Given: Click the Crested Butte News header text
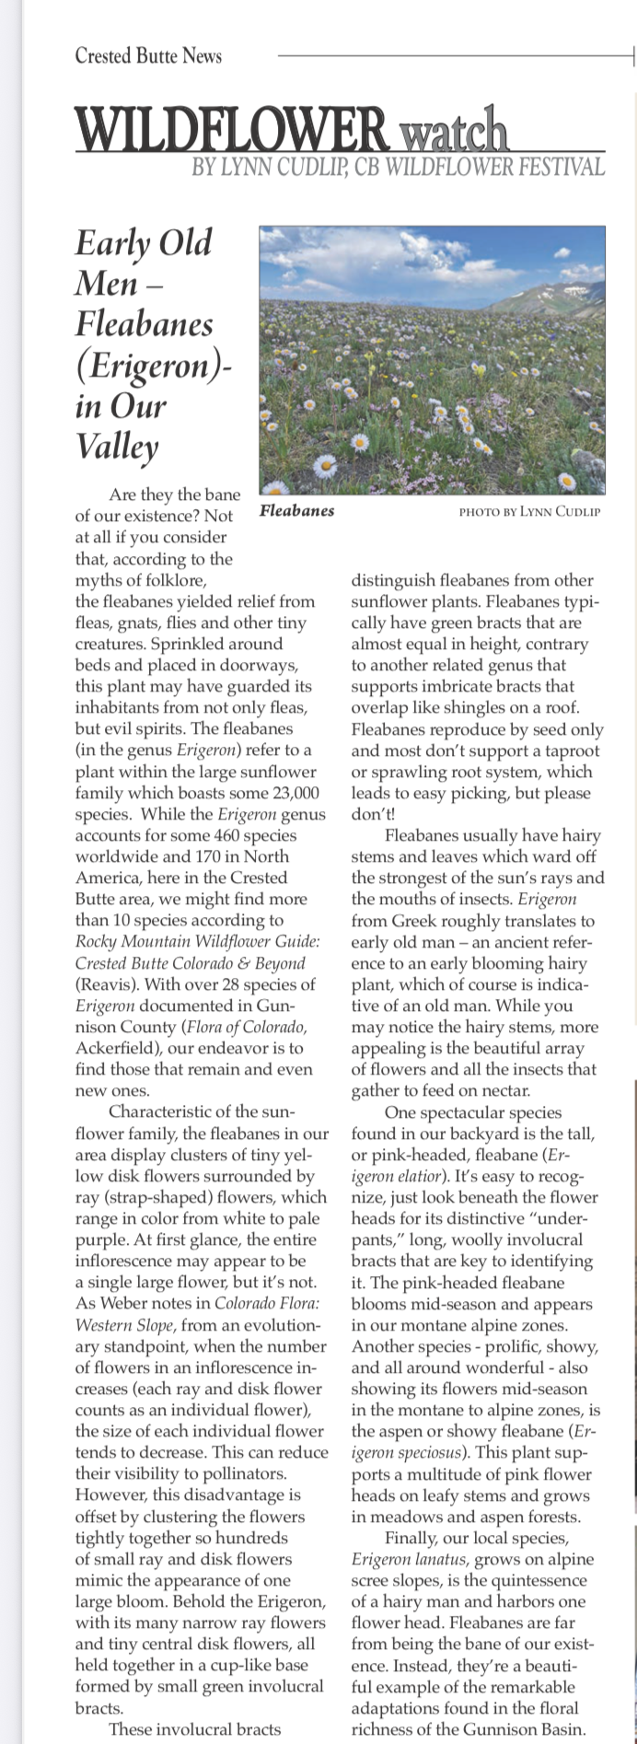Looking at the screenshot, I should pos(148,56).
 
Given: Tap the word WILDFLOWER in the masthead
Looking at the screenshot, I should pos(233,129).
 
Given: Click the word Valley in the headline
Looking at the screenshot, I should pos(117,447).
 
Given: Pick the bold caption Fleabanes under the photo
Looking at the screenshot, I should pos(297,510).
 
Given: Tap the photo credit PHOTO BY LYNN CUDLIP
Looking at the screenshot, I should pos(529,511).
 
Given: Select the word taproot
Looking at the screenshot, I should pos(570,750).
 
